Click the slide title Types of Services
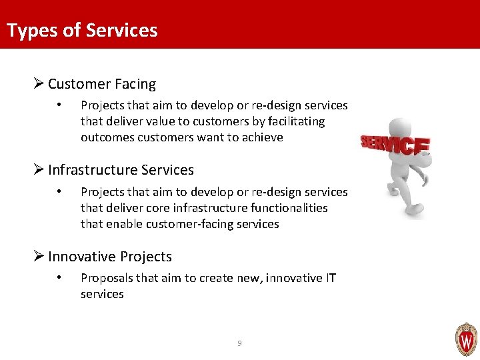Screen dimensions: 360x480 click(x=82, y=31)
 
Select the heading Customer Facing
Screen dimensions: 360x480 click(x=101, y=84)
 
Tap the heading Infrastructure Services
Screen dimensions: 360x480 click(x=121, y=170)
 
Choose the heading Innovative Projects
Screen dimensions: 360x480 click(x=109, y=257)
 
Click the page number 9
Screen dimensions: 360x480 click(x=239, y=343)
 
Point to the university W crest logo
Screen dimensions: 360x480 click(x=465, y=339)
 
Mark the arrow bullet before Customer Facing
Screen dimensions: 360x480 click(x=39, y=84)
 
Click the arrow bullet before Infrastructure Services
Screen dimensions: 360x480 click(x=39, y=170)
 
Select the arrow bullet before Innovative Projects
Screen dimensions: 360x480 click(x=39, y=257)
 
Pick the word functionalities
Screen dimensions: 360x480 click(x=289, y=208)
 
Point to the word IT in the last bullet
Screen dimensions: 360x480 click(x=331, y=277)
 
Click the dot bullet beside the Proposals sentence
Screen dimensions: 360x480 click(x=60, y=277)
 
